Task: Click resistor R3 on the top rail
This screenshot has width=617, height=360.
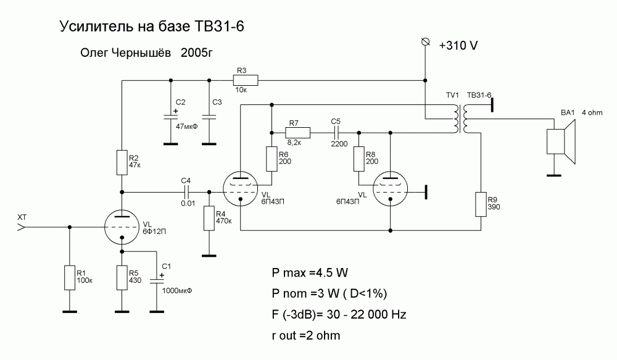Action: click(245, 80)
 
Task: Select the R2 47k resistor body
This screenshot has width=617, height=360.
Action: click(122, 162)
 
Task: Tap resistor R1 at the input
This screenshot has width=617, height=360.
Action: click(69, 277)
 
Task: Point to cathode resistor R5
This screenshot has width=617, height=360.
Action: click(122, 277)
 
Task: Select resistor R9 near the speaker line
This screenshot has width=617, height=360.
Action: click(481, 204)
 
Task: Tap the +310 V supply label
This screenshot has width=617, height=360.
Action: click(458, 46)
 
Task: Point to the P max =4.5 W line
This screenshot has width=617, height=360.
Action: click(313, 272)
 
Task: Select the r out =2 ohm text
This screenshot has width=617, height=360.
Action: click(306, 336)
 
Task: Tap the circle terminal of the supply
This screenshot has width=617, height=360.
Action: click(424, 41)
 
